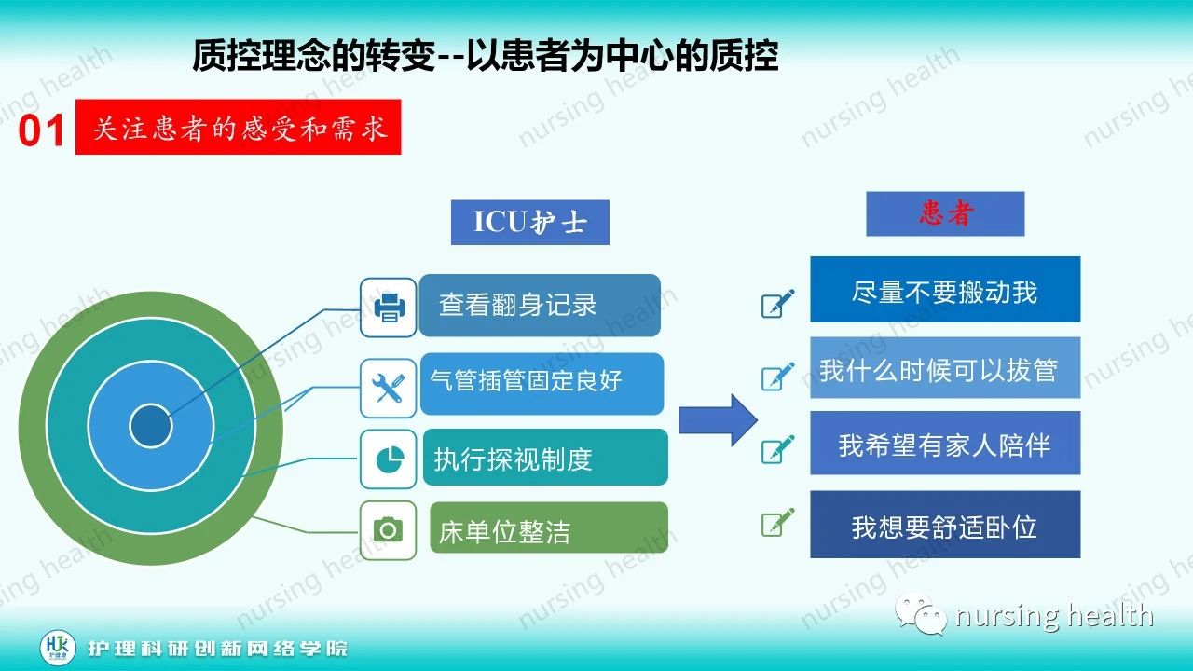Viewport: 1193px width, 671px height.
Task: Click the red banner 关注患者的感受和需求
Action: [238, 127]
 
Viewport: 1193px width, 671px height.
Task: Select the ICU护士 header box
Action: [529, 223]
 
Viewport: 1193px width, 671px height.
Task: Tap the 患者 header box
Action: [944, 214]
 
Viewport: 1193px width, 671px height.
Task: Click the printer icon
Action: [388, 306]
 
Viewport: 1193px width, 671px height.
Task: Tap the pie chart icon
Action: [388, 459]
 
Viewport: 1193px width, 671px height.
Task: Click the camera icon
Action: [388, 530]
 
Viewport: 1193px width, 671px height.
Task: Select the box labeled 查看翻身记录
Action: [539, 306]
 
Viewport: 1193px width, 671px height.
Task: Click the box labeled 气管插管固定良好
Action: [542, 383]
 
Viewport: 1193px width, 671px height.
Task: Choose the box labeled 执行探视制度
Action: [544, 458]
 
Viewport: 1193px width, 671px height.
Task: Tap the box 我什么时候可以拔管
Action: [944, 369]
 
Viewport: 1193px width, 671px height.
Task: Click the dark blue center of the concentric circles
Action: [151, 427]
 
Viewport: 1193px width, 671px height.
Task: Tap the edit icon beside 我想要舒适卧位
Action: [777, 523]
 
